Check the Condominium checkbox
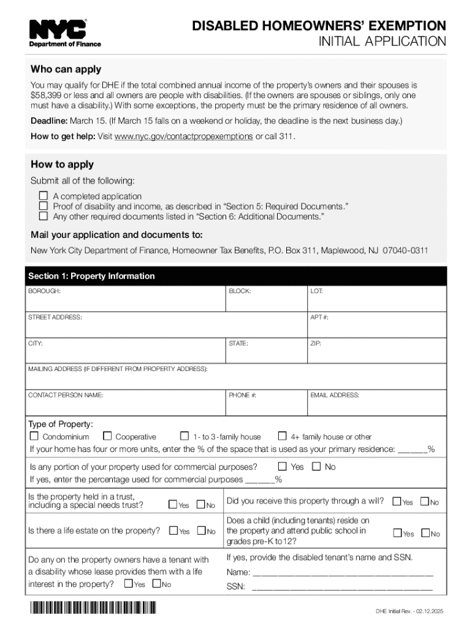[34, 437]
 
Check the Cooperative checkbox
[107, 437]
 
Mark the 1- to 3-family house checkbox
[185, 437]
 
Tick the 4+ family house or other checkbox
[283, 437]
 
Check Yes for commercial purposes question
[283, 467]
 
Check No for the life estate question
[200, 531]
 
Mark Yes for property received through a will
[397, 502]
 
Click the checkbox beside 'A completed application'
[43, 196]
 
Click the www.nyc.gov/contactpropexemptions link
[183, 136]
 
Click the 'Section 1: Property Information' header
[91, 276]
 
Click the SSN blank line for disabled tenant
[342, 587]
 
